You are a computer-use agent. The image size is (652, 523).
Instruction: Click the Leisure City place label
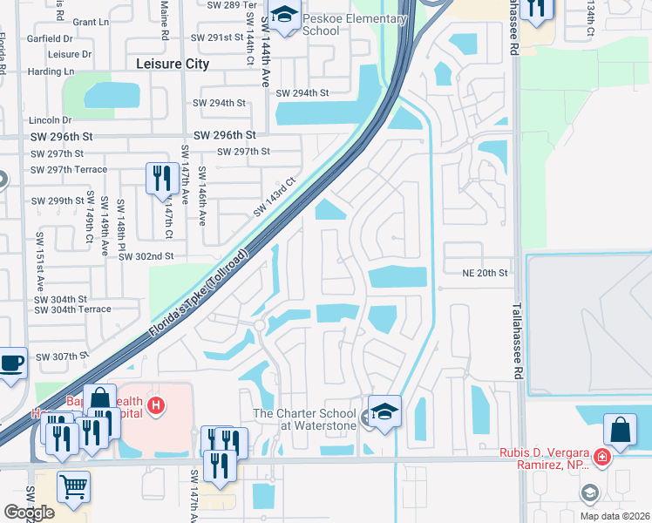click(173, 64)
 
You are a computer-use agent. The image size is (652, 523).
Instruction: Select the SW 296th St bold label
click(224, 135)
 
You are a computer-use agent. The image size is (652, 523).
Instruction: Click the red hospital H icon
click(155, 405)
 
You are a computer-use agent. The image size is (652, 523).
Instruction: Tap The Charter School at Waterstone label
click(305, 419)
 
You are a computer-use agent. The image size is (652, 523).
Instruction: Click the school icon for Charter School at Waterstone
click(384, 410)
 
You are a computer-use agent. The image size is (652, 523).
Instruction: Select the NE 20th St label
click(486, 273)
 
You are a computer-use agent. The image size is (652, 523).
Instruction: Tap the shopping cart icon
click(73, 486)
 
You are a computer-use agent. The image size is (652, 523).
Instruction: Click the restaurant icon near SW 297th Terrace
click(160, 180)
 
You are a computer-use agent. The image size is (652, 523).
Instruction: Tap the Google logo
click(29, 512)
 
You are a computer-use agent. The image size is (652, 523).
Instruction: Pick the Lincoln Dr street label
click(49, 119)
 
